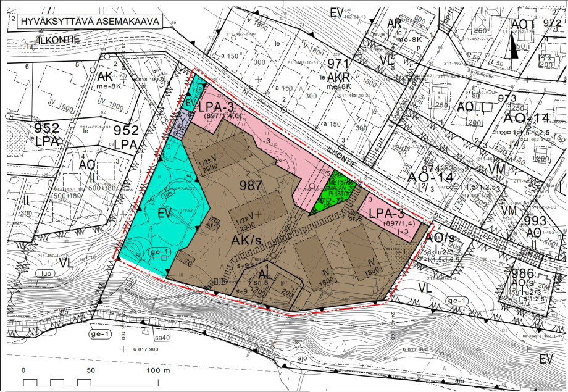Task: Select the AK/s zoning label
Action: point(251,238)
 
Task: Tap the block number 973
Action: point(506,99)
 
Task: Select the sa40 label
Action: point(161,338)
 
